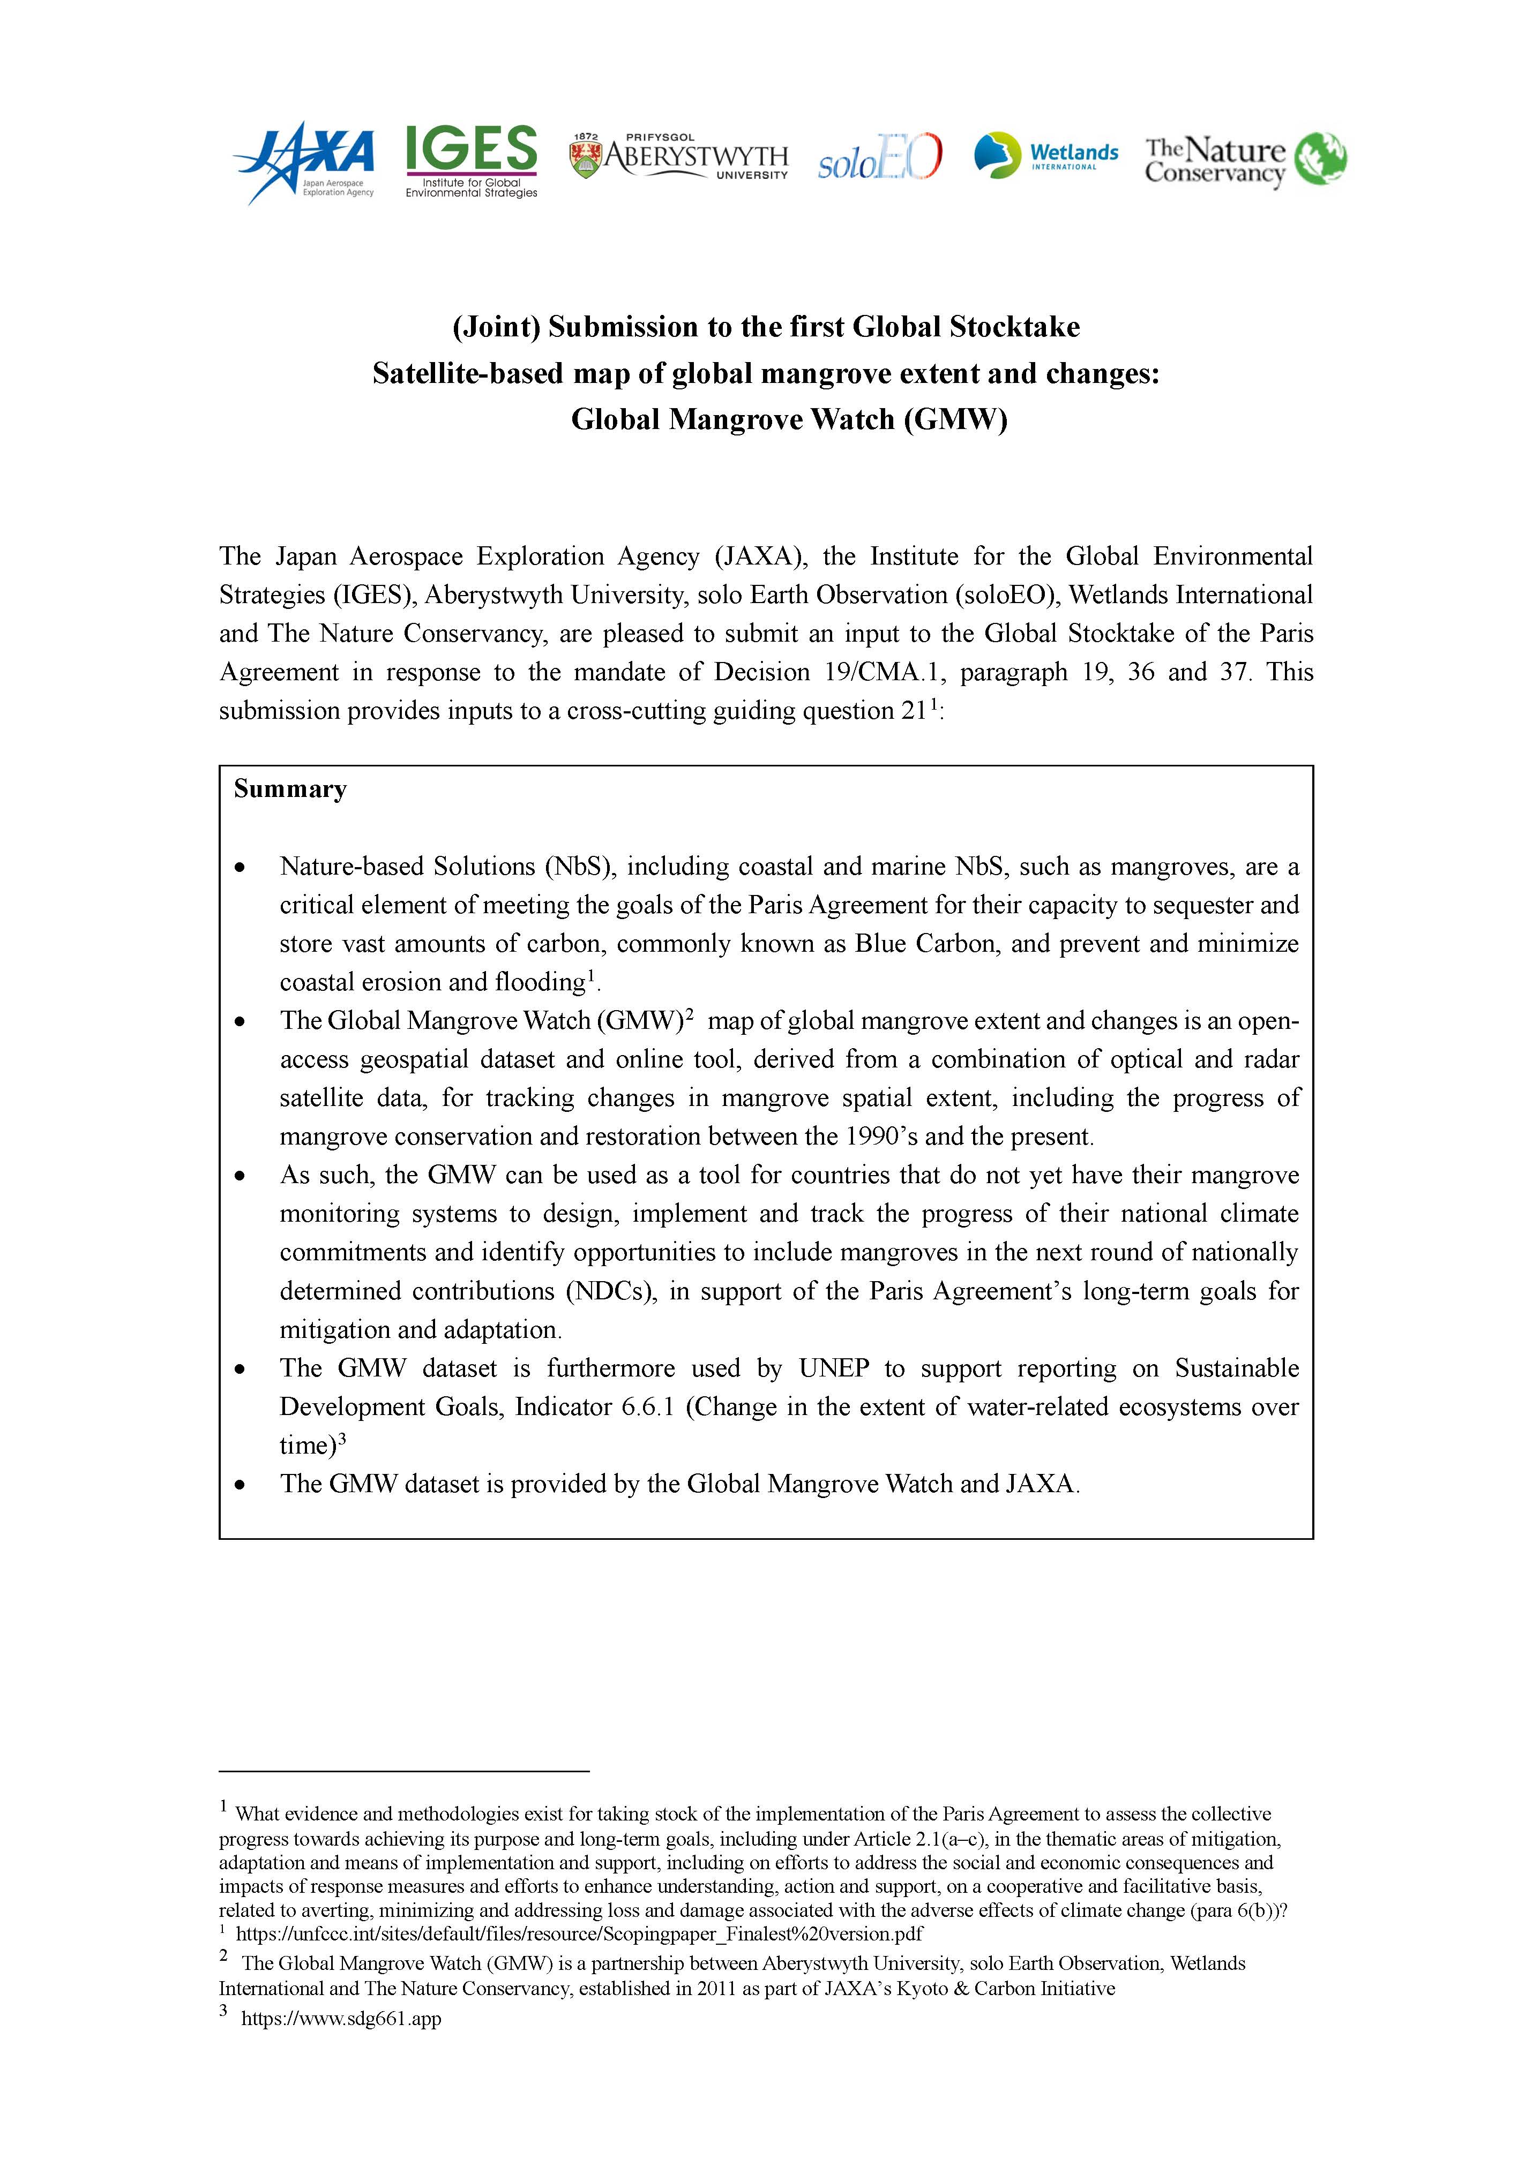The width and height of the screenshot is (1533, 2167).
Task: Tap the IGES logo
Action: pos(471,161)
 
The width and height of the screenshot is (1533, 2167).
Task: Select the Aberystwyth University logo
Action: pos(679,157)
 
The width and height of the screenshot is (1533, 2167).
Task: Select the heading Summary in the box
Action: pos(291,789)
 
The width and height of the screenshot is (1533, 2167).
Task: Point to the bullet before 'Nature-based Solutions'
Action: pos(242,867)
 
